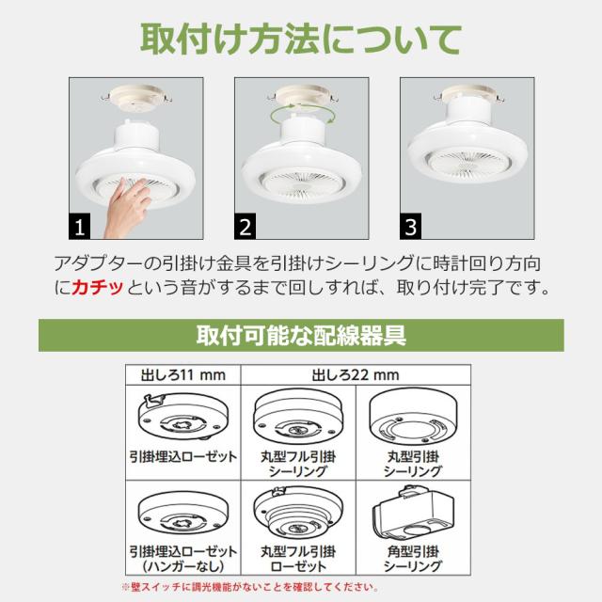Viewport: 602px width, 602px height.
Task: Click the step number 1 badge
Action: (x=79, y=226)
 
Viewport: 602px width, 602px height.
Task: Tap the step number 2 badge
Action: (x=245, y=226)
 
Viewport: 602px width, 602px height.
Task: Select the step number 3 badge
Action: (x=410, y=226)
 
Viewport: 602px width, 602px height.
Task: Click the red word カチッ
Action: (x=97, y=287)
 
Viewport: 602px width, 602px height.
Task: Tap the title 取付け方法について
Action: (x=301, y=40)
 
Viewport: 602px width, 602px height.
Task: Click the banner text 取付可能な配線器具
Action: (x=301, y=336)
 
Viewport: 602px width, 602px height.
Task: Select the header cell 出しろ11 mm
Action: (x=183, y=374)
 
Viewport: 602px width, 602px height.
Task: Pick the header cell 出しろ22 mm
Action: (x=356, y=374)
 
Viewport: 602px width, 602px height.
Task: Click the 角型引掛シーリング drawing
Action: (x=413, y=513)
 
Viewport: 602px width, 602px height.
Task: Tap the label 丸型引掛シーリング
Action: (x=413, y=464)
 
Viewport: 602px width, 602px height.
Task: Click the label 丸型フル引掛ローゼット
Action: (x=298, y=559)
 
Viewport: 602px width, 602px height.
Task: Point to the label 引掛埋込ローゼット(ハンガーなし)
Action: (x=183, y=559)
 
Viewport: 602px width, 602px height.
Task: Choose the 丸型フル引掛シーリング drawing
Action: (x=298, y=418)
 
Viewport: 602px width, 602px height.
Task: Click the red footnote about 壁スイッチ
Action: (x=250, y=587)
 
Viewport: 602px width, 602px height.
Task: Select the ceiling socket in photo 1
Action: (x=135, y=98)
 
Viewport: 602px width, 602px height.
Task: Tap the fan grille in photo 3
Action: (x=467, y=164)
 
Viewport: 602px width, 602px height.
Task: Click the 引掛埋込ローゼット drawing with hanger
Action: (x=183, y=418)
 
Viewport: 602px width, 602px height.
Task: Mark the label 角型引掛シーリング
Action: (x=413, y=559)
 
